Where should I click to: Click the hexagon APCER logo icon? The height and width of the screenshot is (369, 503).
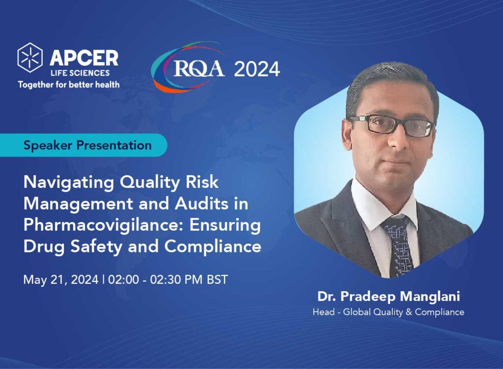pyautogui.click(x=30, y=57)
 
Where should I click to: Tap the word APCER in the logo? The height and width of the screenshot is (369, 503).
pyautogui.click(x=84, y=58)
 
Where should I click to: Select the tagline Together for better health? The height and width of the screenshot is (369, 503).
pyautogui.click(x=69, y=84)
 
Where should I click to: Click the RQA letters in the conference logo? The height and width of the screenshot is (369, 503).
pyautogui.click(x=199, y=69)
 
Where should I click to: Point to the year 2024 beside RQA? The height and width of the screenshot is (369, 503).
pyautogui.click(x=257, y=69)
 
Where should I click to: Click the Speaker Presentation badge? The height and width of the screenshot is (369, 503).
pyautogui.click(x=87, y=145)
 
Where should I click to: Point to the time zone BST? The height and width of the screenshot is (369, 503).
pyautogui.click(x=217, y=279)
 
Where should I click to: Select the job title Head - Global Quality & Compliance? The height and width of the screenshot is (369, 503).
pyautogui.click(x=388, y=312)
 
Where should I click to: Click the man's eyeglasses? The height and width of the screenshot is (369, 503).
pyautogui.click(x=391, y=125)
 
